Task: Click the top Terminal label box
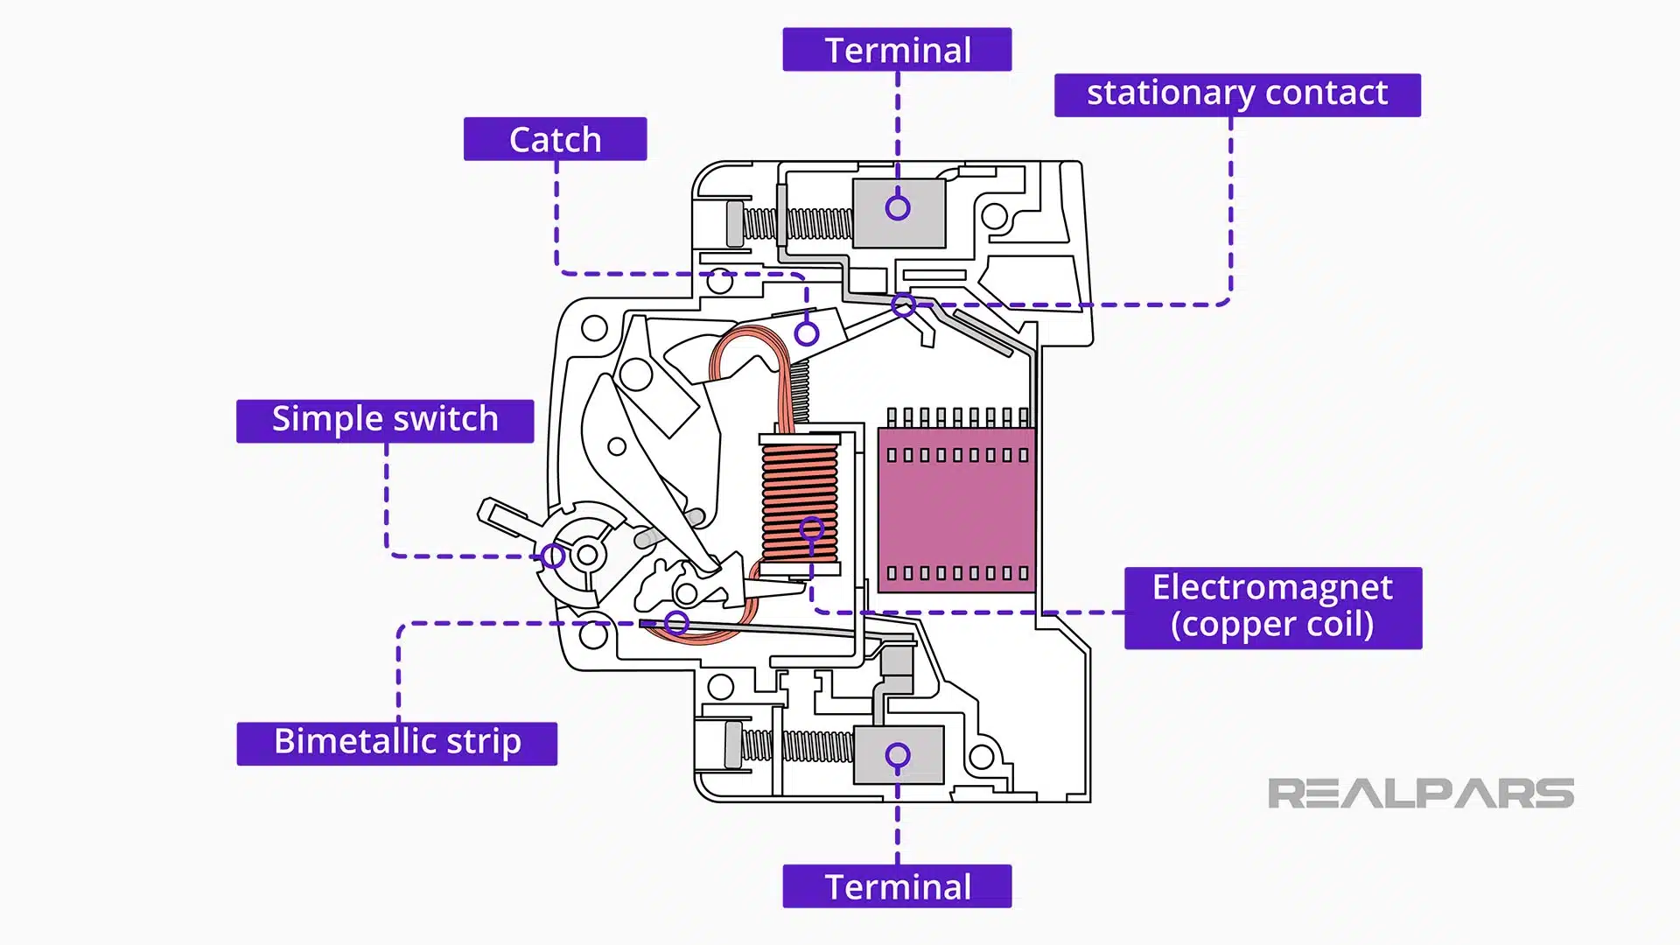coord(897,50)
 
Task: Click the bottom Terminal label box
coord(897,886)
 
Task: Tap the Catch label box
coord(555,139)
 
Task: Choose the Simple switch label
coord(385,421)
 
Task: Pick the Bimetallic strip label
coord(396,743)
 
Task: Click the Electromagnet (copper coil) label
coord(1272,607)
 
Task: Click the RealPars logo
coord(1420,794)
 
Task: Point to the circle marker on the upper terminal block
coord(898,208)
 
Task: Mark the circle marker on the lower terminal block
coord(898,755)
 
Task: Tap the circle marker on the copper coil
coord(812,528)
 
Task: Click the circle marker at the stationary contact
coord(904,305)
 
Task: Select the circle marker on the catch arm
coord(807,333)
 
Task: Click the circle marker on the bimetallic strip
coord(676,623)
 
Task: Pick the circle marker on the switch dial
coord(552,556)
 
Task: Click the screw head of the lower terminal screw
coord(733,745)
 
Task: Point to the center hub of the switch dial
coord(588,555)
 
